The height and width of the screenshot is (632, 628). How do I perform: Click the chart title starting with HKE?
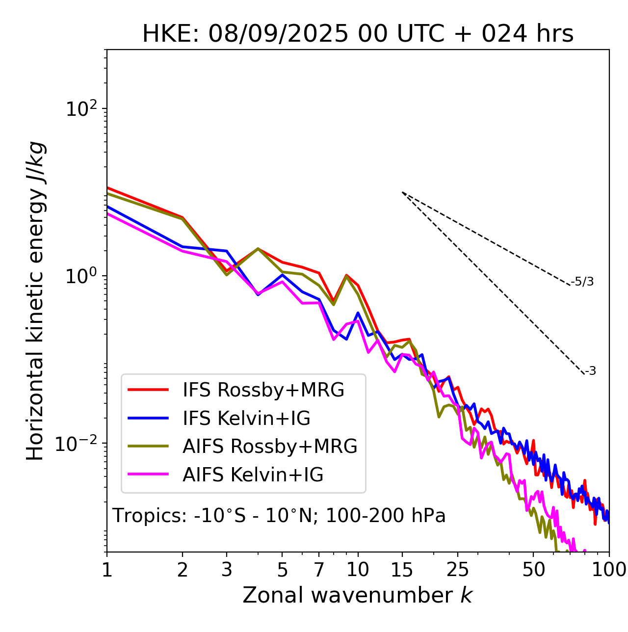(x=358, y=34)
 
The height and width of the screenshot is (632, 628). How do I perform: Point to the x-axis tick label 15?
(x=402, y=569)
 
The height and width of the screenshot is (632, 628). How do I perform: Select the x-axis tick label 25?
(x=457, y=569)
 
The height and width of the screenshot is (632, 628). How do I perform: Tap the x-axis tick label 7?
(x=319, y=569)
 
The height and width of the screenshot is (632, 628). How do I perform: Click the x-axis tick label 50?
(x=533, y=569)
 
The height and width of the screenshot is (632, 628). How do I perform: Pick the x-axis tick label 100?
(x=609, y=569)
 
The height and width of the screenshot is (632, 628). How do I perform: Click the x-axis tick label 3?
(x=227, y=569)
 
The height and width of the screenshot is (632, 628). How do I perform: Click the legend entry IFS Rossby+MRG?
(x=263, y=390)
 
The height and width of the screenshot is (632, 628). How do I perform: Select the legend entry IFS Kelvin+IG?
(x=246, y=419)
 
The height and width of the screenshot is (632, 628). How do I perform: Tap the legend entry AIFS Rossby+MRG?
(x=269, y=447)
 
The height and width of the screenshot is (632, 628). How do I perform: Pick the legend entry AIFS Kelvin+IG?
(x=253, y=475)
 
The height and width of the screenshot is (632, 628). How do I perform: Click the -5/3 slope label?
(x=582, y=282)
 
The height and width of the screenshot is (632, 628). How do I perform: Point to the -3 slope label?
(x=590, y=371)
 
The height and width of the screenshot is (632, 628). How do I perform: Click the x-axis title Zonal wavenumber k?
(x=357, y=595)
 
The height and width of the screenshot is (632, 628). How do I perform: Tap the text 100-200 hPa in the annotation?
(x=386, y=516)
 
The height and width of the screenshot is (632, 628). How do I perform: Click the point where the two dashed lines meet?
(x=402, y=192)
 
